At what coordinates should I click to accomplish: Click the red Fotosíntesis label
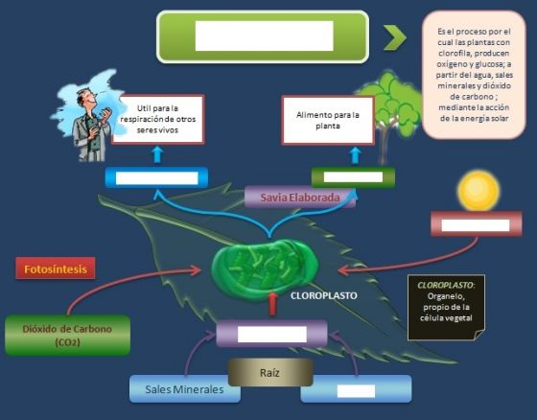click(56, 268)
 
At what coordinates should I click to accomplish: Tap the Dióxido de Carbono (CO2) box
click(67, 335)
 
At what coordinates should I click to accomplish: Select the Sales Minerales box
click(184, 388)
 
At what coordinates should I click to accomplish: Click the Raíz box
click(270, 372)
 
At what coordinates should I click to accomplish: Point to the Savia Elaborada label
click(300, 198)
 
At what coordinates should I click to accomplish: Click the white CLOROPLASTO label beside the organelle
click(324, 295)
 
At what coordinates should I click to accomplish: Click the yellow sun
click(479, 191)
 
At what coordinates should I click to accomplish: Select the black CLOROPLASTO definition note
click(446, 307)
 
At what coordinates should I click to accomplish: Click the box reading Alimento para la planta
click(328, 120)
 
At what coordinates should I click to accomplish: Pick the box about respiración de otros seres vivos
click(157, 119)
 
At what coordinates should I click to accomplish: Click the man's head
click(85, 97)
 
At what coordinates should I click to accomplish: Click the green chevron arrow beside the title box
click(394, 37)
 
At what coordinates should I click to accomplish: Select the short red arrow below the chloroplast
click(272, 304)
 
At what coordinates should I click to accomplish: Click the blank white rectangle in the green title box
click(264, 36)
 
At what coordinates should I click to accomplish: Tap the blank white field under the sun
click(476, 225)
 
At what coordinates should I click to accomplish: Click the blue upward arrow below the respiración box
click(157, 154)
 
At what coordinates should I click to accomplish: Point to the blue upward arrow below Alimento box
click(356, 155)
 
